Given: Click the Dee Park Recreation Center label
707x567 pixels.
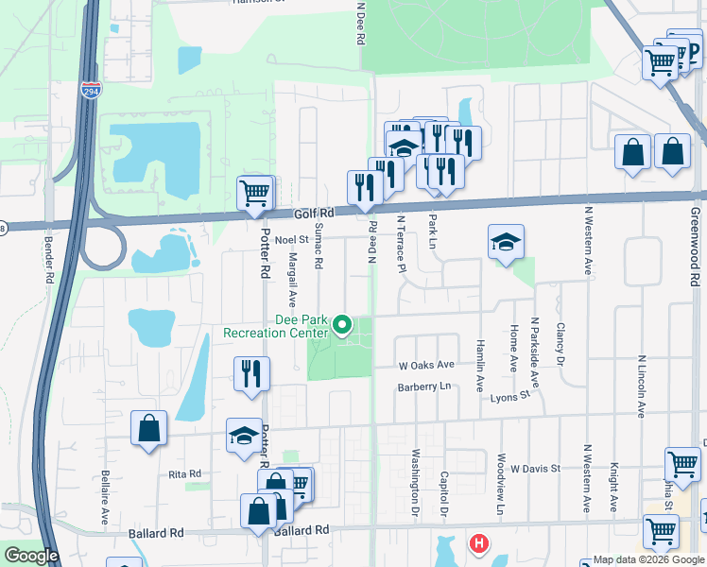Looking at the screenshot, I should tap(275, 326).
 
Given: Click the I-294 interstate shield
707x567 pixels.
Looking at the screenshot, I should tap(91, 92).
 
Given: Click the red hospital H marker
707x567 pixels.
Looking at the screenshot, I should tap(480, 544).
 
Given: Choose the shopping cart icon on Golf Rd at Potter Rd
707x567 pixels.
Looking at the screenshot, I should tap(254, 193).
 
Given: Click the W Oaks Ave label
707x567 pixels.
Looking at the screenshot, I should tap(426, 365).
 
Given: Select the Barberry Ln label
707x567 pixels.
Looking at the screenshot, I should tap(425, 386).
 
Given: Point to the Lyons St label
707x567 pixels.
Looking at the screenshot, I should tap(511, 397).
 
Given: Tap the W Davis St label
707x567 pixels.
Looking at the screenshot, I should tap(536, 468).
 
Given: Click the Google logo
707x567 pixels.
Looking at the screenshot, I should tap(31, 556).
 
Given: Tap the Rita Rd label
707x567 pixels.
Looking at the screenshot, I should tap(185, 473).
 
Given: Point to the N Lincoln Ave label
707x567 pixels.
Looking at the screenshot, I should tap(641, 387).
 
